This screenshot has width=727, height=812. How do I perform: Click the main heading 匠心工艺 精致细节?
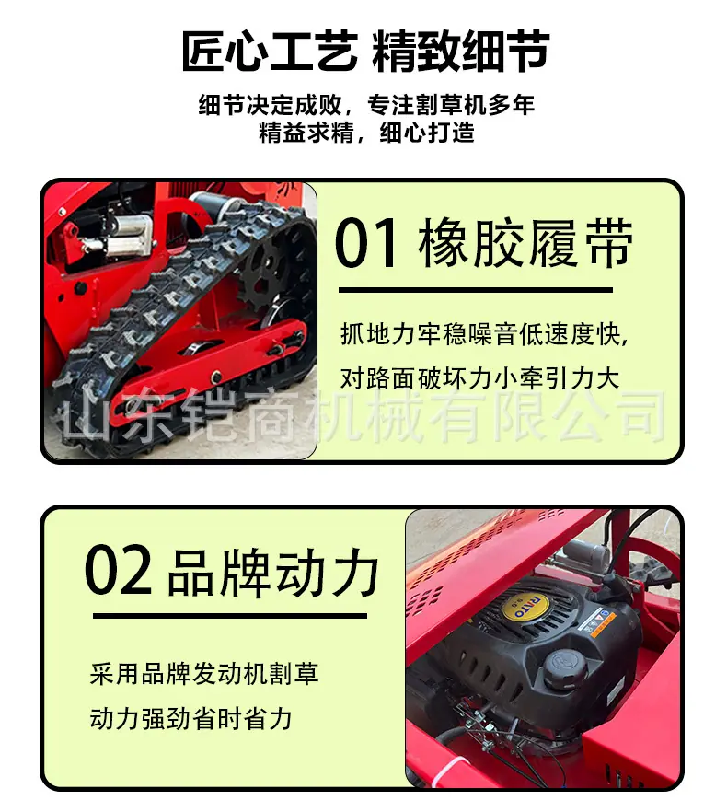[365, 51]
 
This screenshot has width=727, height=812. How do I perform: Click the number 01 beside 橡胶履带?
[366, 243]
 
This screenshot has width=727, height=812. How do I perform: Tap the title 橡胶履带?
[525, 243]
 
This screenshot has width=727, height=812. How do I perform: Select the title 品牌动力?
[273, 573]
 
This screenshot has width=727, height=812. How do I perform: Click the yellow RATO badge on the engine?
[525, 605]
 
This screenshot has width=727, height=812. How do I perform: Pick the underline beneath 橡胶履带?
[476, 290]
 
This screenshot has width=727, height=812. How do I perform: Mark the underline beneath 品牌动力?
[230, 616]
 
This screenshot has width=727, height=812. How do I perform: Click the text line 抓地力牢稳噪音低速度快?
[483, 333]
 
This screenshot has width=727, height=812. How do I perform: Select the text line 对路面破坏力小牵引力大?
[480, 377]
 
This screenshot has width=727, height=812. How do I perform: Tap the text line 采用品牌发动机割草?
[204, 674]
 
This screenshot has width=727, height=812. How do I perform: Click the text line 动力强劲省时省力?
[191, 719]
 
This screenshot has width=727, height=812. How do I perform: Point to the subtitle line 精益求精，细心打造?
[366, 133]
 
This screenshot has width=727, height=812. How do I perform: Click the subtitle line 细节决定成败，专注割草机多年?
[366, 105]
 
